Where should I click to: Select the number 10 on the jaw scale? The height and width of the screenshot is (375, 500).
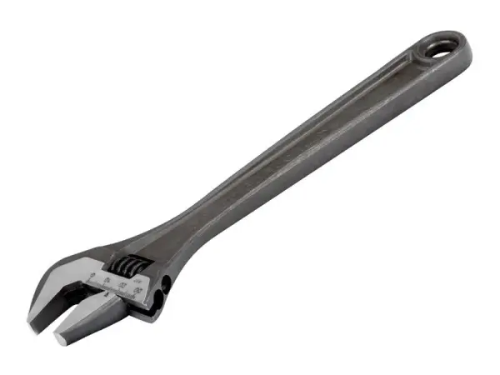pos(108,281)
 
